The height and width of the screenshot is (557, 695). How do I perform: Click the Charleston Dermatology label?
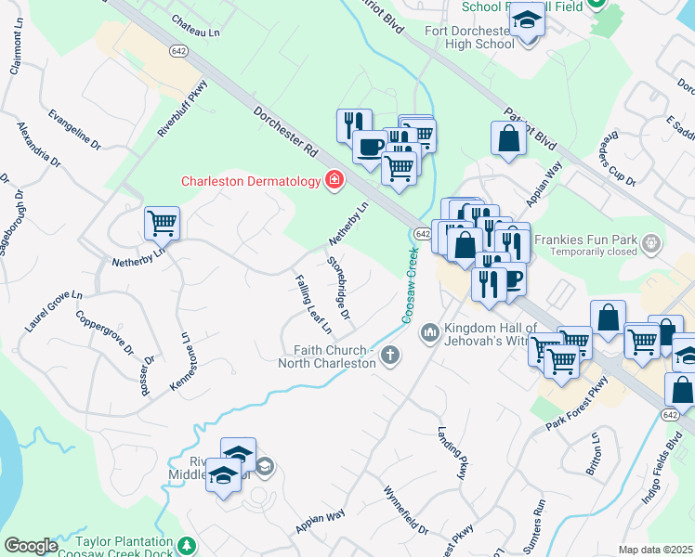[250, 182]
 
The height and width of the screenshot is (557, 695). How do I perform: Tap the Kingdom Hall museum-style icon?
[429, 331]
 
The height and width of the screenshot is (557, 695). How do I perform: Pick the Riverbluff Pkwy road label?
[182, 110]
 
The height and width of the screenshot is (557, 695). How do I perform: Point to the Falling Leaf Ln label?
[313, 304]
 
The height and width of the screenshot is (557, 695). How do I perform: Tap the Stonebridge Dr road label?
[338, 291]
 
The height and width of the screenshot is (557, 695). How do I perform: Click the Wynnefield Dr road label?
[405, 510]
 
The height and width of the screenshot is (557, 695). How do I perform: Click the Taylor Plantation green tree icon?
[188, 545]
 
